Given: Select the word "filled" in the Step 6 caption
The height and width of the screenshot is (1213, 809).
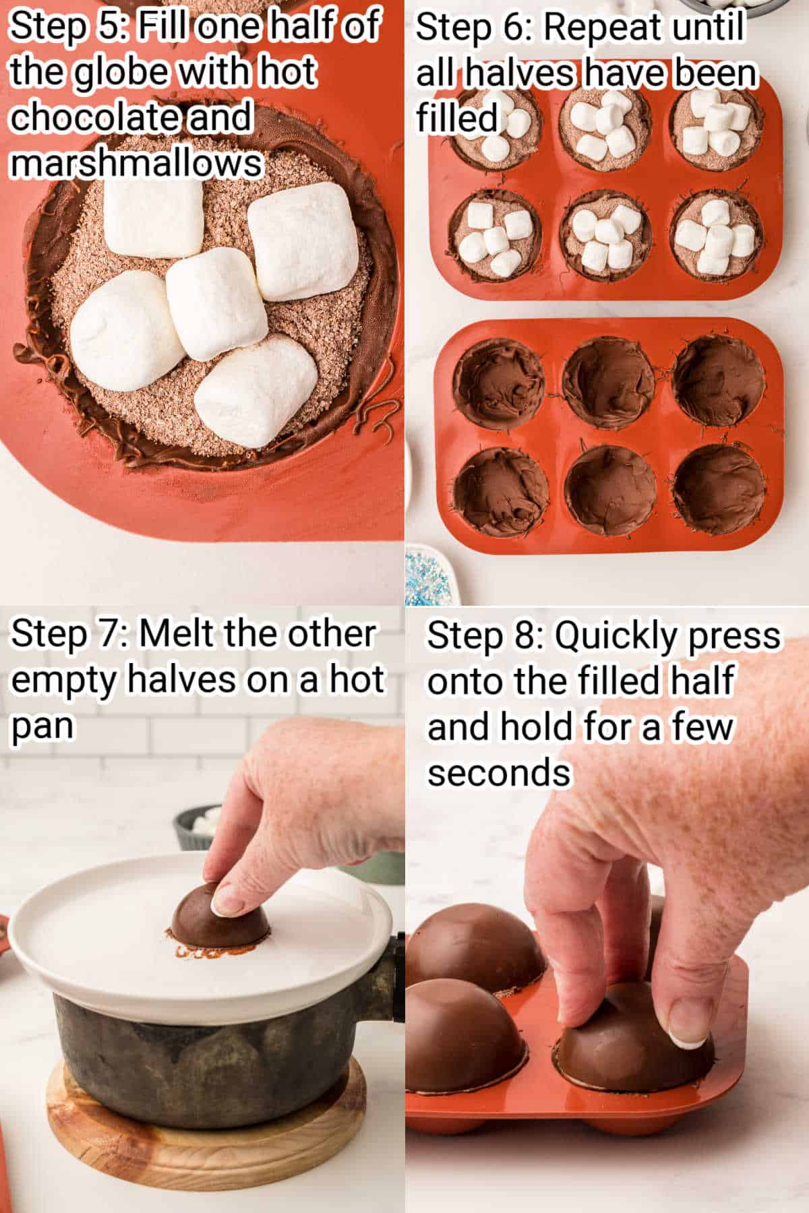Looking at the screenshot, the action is (456, 118).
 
